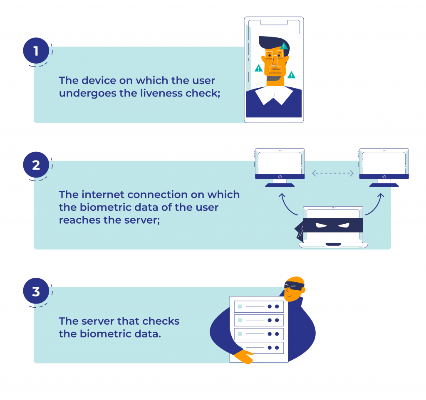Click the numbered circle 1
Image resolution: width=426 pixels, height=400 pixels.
(36, 51)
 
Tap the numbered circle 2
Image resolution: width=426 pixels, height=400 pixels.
(36, 165)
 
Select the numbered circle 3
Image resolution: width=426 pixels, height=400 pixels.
(36, 291)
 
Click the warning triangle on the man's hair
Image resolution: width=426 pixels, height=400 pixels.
(284, 46)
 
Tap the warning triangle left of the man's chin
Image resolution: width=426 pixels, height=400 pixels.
(259, 68)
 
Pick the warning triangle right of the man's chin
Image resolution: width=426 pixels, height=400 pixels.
(291, 75)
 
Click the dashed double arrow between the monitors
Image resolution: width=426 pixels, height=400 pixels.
(332, 173)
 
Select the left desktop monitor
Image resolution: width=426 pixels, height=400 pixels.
(280, 168)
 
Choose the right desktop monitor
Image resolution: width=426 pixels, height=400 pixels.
(384, 168)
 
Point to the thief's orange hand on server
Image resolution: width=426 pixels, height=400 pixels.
(244, 356)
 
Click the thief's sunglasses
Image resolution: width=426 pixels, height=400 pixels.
(294, 285)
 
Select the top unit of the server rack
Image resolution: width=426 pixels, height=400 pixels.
(259, 306)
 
